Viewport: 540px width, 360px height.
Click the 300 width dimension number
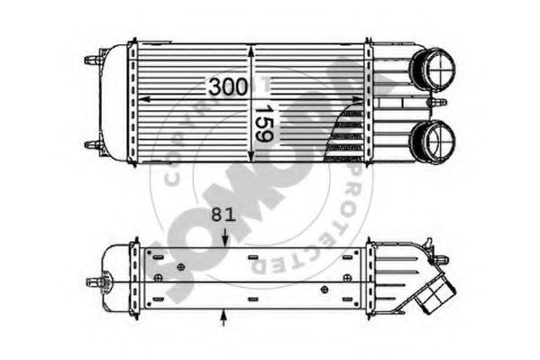[227, 88]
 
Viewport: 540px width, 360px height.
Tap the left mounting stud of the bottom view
[93, 282]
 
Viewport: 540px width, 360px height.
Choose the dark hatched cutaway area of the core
[346, 135]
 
